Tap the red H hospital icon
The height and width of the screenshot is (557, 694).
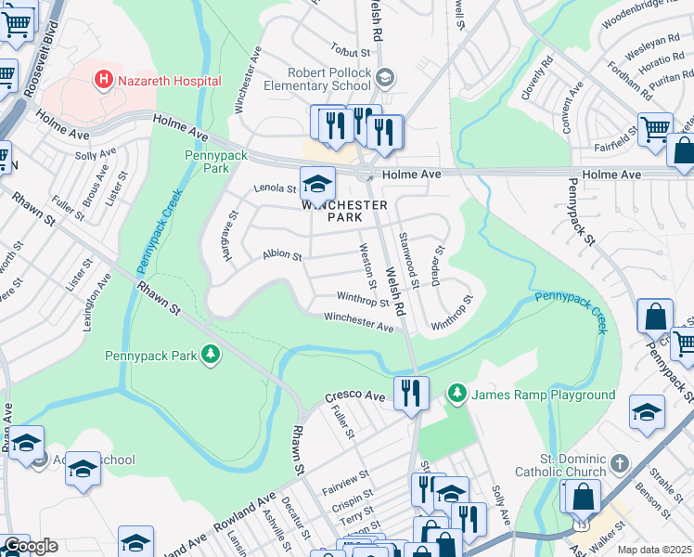104,81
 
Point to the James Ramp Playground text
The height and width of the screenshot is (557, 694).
544,395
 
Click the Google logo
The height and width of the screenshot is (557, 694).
31,546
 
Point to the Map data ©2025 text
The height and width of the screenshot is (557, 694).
655,550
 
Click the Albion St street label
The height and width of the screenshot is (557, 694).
283,254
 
